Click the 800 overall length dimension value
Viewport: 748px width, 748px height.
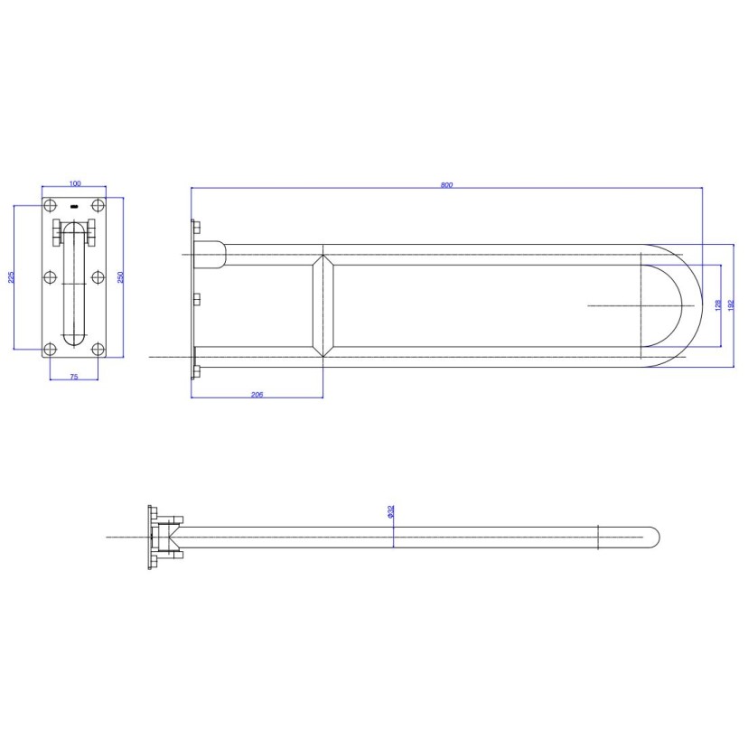click(x=446, y=184)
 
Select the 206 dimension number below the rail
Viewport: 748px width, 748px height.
click(x=257, y=393)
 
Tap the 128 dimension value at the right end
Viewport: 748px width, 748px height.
click(x=716, y=305)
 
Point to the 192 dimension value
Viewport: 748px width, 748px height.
click(x=731, y=305)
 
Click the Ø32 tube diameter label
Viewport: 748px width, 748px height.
click(x=389, y=511)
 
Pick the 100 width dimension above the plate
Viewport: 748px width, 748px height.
click(x=74, y=184)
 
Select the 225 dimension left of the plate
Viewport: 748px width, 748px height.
click(x=11, y=276)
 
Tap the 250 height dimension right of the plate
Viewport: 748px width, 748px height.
click(x=120, y=276)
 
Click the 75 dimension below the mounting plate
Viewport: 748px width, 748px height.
click(x=73, y=376)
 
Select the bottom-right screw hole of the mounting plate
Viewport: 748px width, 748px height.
click(x=98, y=349)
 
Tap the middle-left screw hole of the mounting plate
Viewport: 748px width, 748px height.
click(x=51, y=277)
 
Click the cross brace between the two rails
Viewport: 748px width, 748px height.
click(x=323, y=305)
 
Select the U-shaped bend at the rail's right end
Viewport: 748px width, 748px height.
click(x=687, y=305)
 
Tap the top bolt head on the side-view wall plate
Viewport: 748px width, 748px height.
click(x=196, y=229)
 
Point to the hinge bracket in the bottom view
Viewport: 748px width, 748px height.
click(x=167, y=537)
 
